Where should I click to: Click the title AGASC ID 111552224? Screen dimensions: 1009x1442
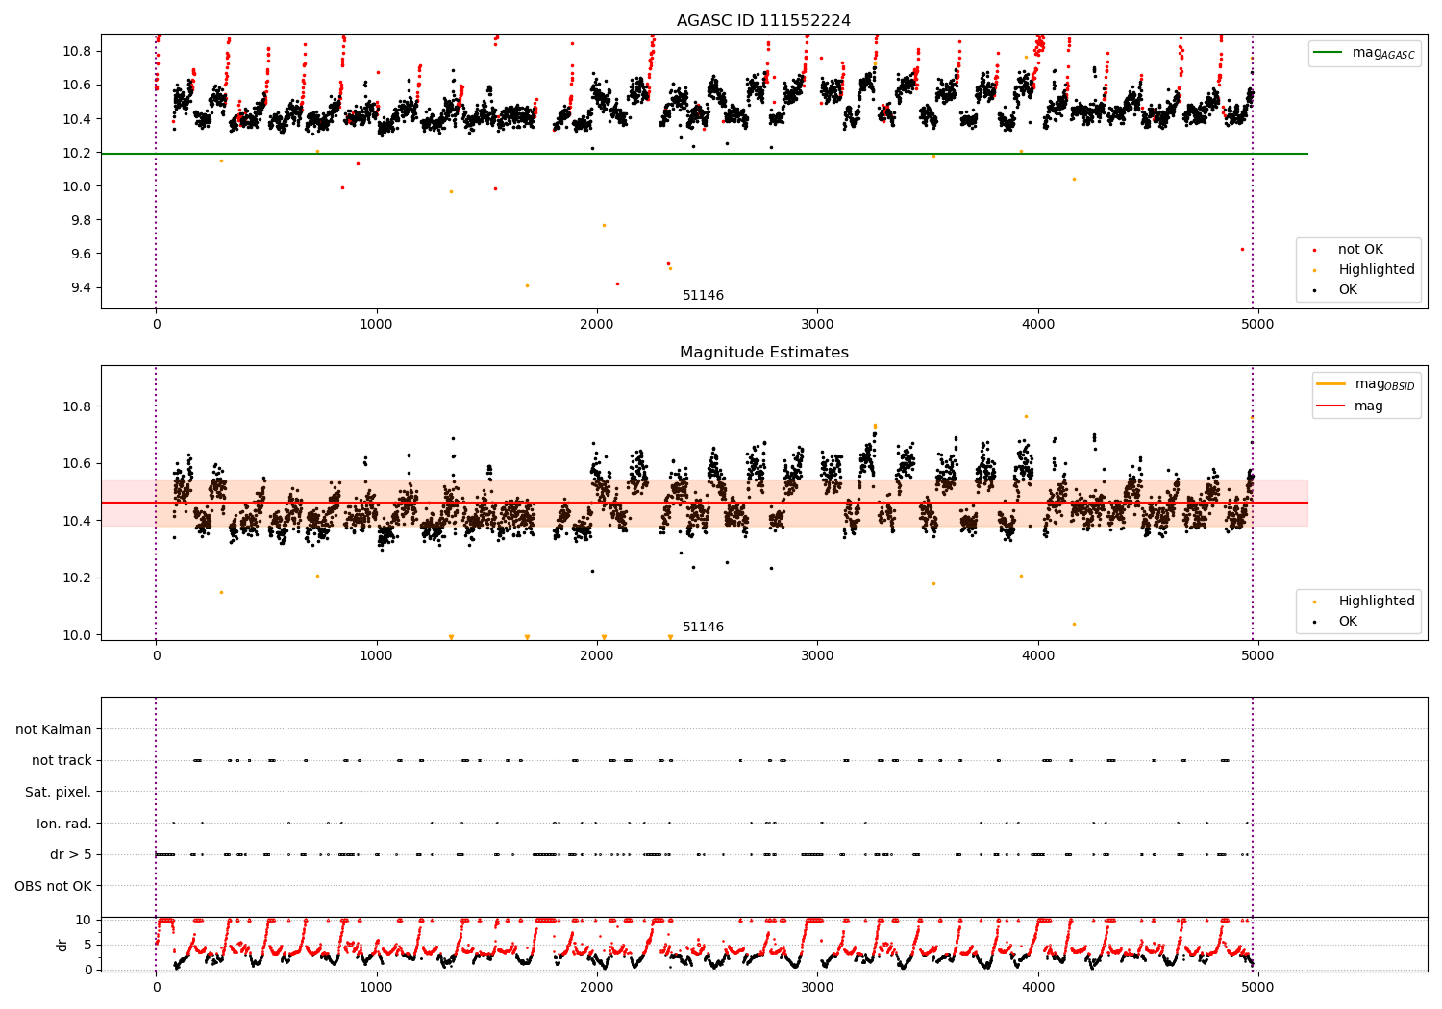pyautogui.click(x=763, y=21)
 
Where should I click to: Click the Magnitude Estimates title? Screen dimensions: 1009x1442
pyautogui.click(x=763, y=353)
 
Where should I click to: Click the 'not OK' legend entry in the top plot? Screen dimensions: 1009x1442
pyautogui.click(x=1359, y=250)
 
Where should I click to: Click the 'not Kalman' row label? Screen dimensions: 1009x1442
pyautogui.click(x=54, y=729)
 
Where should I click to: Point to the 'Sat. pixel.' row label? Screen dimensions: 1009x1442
pyautogui.click(x=58, y=792)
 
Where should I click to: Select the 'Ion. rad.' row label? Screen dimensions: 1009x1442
pyautogui.click(x=63, y=824)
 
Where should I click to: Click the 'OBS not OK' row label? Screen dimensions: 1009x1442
pyautogui.click(x=53, y=886)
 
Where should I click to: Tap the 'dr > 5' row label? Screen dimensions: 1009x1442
pyautogui.click(x=70, y=854)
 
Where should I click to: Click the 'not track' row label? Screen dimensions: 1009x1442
pyautogui.click(x=62, y=760)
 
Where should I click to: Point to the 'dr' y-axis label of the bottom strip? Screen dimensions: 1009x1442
pyautogui.click(x=62, y=945)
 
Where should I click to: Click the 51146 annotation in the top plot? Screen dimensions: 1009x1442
pyautogui.click(x=703, y=296)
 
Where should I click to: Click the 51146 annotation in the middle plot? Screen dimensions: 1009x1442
pyautogui.click(x=703, y=628)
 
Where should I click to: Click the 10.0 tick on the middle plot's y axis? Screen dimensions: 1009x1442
pyautogui.click(x=78, y=635)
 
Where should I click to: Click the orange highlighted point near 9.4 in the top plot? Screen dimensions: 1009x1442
pyautogui.click(x=527, y=285)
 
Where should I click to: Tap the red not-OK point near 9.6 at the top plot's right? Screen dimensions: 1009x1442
pyautogui.click(x=1242, y=249)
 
